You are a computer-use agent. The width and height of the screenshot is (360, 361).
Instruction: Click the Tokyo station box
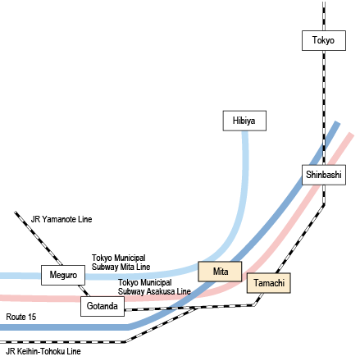(x=324, y=40)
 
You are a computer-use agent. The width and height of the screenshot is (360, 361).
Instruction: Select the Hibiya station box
(x=244, y=121)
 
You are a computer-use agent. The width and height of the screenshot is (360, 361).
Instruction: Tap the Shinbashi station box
(x=324, y=175)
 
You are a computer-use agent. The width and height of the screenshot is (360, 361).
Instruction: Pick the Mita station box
(x=220, y=272)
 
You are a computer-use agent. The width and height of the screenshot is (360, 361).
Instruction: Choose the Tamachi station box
(x=269, y=283)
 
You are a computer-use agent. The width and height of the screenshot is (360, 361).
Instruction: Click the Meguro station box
(x=63, y=275)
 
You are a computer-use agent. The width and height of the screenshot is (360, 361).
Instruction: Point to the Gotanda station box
(x=103, y=306)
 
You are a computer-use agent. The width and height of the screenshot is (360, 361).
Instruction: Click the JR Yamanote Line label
(x=62, y=219)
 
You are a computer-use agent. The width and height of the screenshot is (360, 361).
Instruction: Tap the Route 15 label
(x=21, y=317)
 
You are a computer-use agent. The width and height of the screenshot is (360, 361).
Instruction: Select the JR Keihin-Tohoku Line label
(x=43, y=351)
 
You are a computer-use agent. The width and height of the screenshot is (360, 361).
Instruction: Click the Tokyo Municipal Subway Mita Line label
(x=121, y=263)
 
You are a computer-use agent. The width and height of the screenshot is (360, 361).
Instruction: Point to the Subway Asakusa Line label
(x=154, y=291)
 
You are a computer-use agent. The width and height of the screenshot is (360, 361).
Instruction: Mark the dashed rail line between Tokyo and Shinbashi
(x=324, y=107)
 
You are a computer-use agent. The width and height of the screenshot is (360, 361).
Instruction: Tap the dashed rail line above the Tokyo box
(x=324, y=16)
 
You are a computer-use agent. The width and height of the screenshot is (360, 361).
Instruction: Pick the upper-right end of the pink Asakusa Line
(x=351, y=134)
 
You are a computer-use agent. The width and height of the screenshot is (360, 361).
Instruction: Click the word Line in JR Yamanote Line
(x=85, y=219)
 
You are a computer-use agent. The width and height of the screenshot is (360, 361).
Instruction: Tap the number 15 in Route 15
(x=32, y=317)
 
